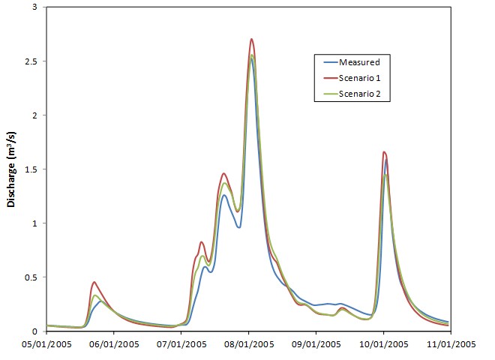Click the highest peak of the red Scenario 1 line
[251, 39]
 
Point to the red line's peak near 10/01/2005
[384, 151]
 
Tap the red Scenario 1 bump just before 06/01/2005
[94, 282]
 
